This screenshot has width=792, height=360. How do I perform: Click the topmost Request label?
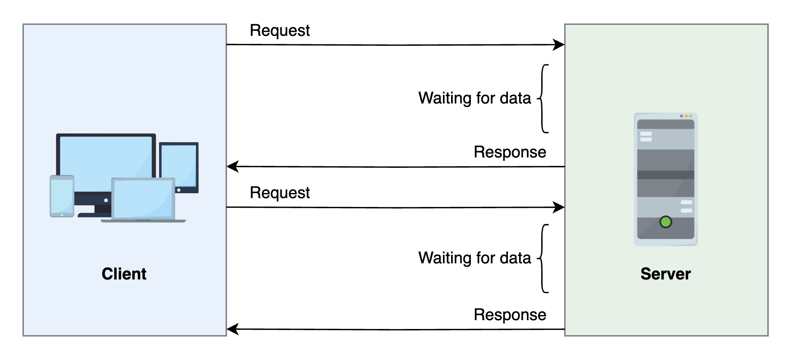point(280,31)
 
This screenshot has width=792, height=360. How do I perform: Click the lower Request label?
point(280,193)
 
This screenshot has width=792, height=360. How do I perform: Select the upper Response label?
point(509,152)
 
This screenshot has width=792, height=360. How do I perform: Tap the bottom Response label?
point(509,315)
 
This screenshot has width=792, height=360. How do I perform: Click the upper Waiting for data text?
point(474,98)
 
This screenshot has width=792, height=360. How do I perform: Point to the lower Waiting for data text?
point(474,258)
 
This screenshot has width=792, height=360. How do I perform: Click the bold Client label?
point(124,274)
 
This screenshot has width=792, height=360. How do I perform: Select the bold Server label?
point(665,274)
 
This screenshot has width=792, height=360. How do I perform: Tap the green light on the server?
point(666,222)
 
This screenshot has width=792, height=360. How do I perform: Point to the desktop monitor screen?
point(105,159)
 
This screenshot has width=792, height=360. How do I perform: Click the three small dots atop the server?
point(686,116)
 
